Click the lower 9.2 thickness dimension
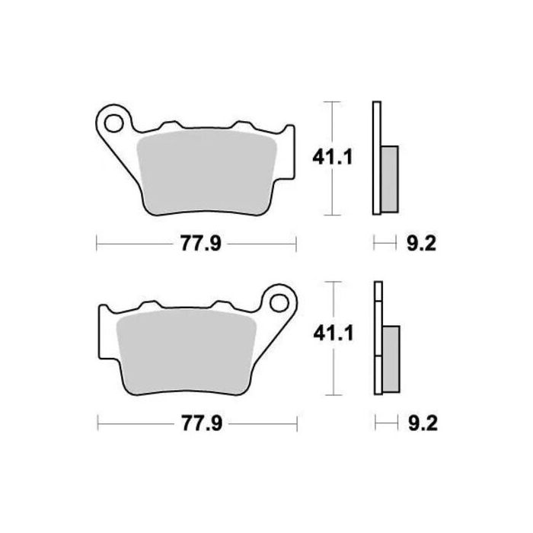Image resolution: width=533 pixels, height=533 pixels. [x=417, y=423]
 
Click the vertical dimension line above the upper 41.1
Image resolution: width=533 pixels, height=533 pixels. [x=330, y=122]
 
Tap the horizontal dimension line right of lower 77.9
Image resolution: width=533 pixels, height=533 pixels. [x=263, y=423]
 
